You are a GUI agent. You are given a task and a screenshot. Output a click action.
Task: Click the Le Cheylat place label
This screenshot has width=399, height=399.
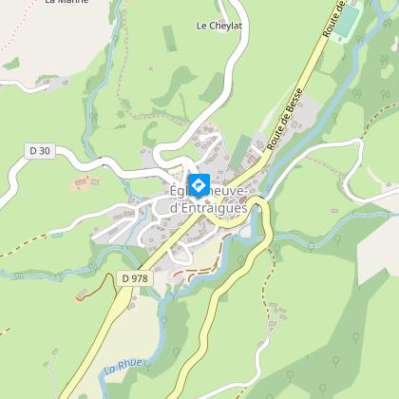219,26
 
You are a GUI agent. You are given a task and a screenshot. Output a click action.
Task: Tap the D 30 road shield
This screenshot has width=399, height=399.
37,149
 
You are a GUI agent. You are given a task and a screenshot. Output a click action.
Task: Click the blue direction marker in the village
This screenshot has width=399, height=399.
199,185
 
